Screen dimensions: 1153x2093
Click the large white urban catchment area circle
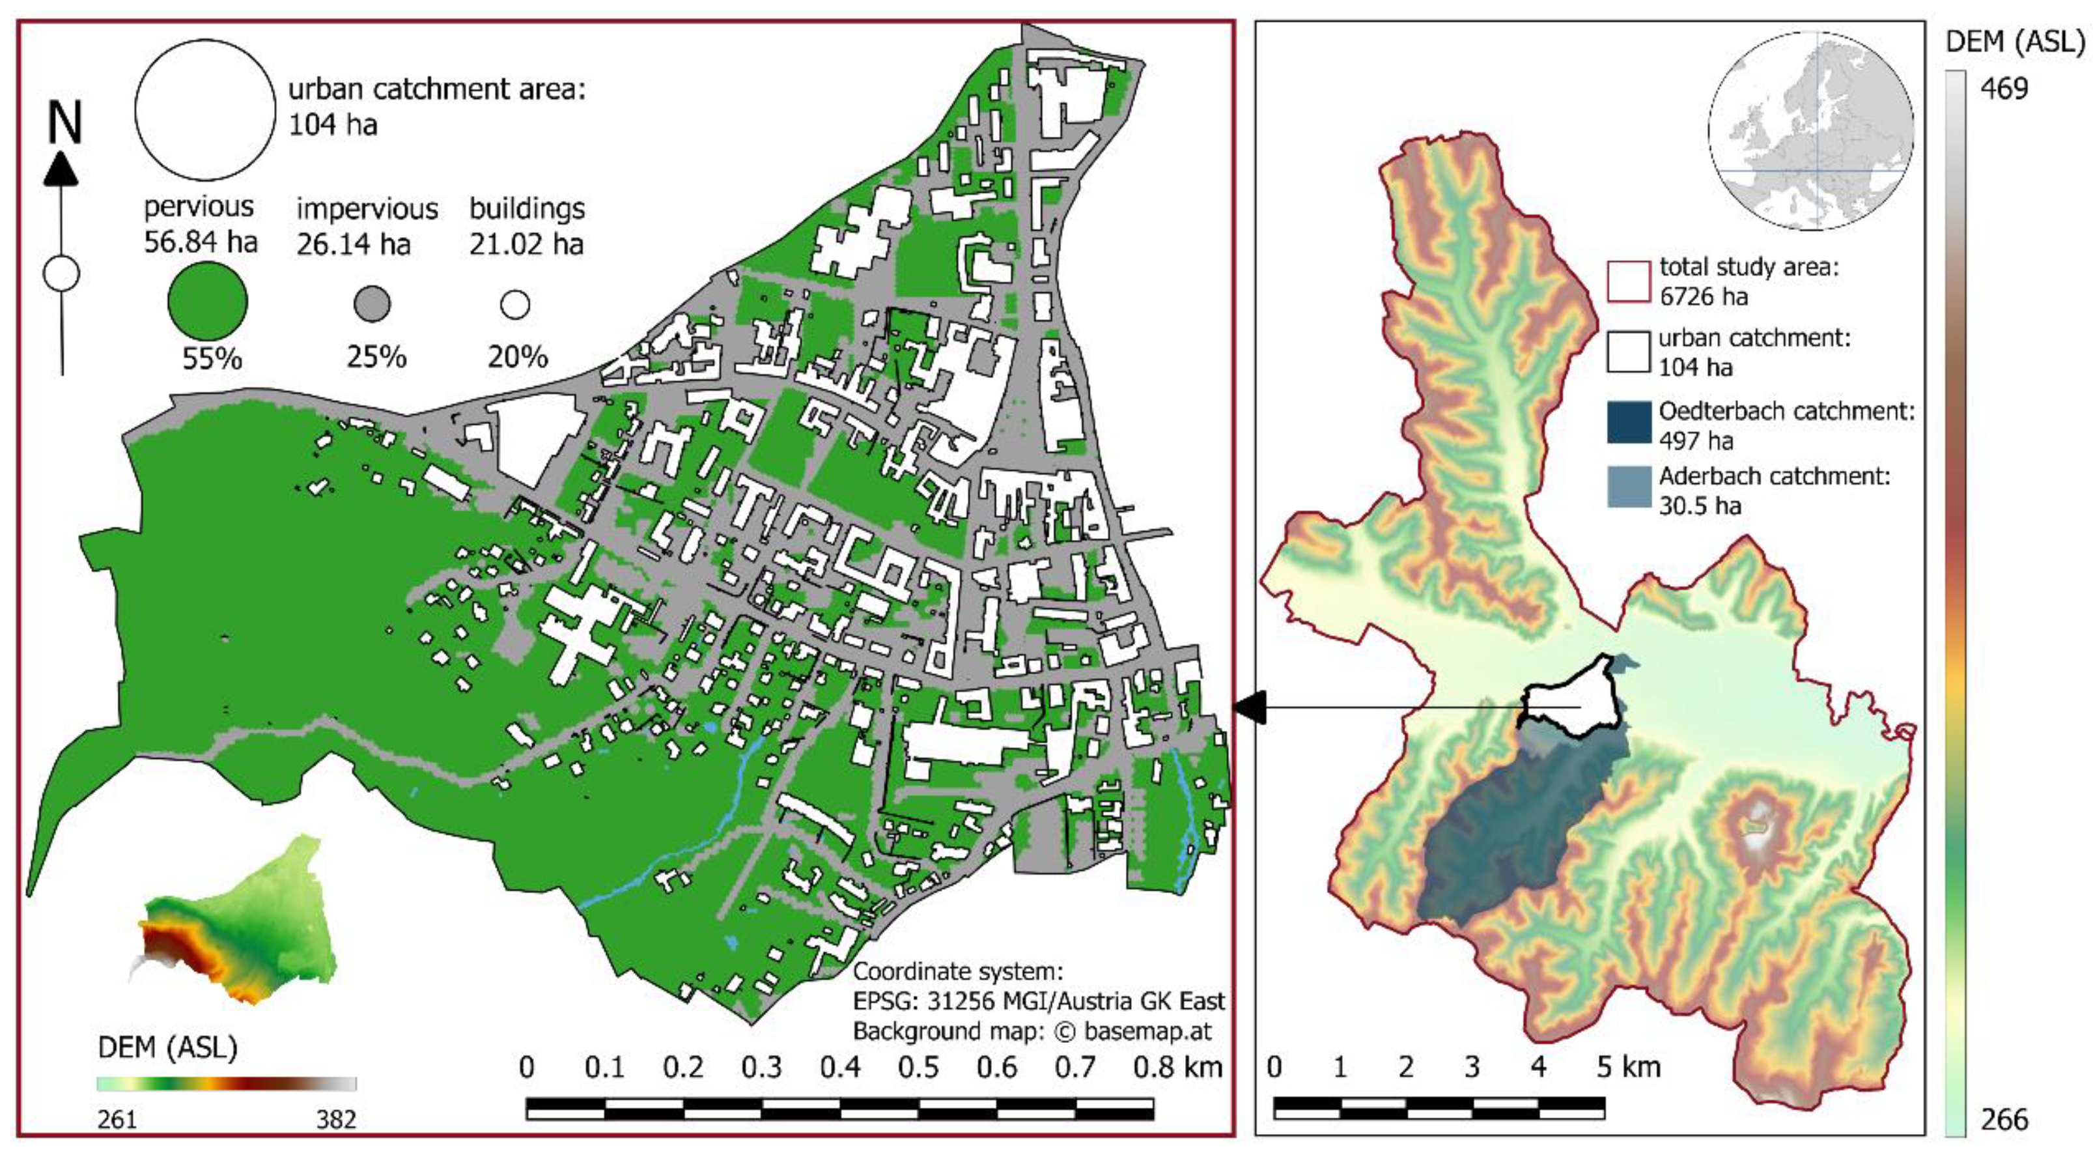204,109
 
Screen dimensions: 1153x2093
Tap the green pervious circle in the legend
207,301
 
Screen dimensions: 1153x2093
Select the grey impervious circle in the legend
372,304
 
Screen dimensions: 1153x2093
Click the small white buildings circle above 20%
515,306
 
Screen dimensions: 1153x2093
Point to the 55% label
211,358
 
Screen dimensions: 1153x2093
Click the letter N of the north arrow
65,122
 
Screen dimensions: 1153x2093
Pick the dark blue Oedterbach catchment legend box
1628,423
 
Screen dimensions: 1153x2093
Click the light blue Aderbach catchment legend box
1628,487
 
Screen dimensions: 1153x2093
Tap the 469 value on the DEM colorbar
2004,88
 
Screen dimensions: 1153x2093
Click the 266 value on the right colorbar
2004,1120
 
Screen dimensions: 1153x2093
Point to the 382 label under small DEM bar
335,1120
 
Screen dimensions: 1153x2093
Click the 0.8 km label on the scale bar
1177,1067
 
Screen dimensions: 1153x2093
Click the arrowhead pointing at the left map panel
1250,707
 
